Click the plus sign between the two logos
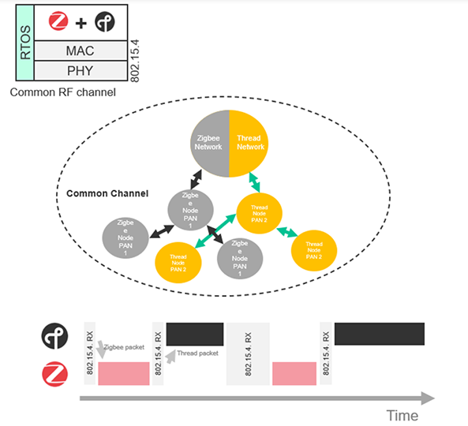coord(79,21)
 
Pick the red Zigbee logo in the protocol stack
coord(57,21)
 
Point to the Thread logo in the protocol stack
coord(103,21)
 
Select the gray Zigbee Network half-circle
coord(211,142)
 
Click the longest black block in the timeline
coord(380,334)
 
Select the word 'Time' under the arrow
coord(402,415)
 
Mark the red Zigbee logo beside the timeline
coord(54,372)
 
